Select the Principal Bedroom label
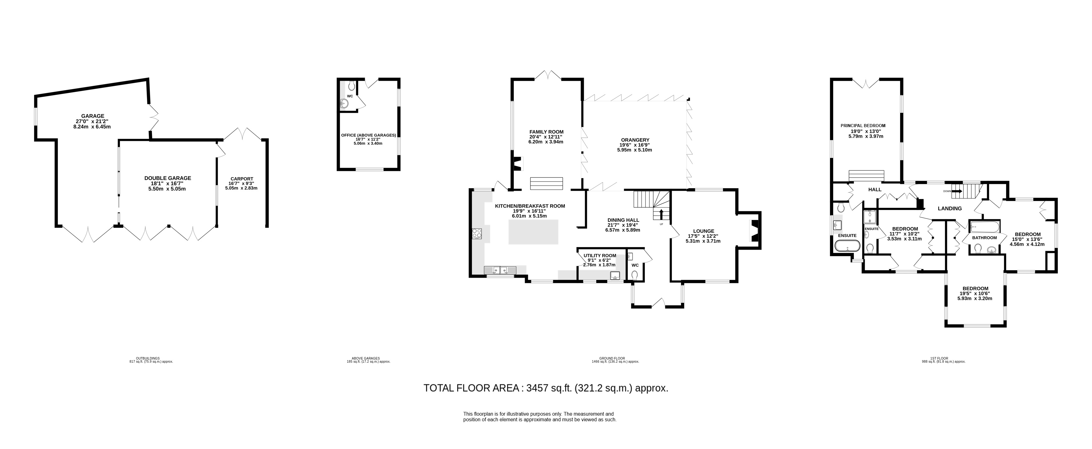pyautogui.click(x=863, y=126)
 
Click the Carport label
pyautogui.click(x=242, y=179)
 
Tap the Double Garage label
pyautogui.click(x=168, y=178)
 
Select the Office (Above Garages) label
pyautogui.click(x=368, y=135)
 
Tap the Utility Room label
pyautogui.click(x=600, y=256)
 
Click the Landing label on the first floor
pyautogui.click(x=950, y=208)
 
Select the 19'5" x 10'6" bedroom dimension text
pyautogui.click(x=975, y=293)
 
